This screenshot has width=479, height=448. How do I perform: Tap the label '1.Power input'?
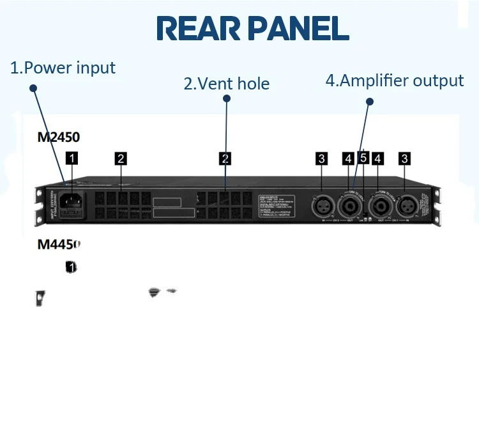click(x=63, y=68)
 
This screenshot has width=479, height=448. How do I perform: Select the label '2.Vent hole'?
click(x=227, y=84)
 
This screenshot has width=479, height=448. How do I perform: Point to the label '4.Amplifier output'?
click(x=395, y=81)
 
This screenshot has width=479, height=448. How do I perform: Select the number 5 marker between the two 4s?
click(x=363, y=158)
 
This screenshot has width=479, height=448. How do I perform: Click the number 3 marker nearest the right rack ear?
click(x=405, y=158)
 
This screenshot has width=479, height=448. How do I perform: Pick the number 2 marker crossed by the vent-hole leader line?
click(x=225, y=158)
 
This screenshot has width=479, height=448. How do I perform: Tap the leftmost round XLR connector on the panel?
click(x=321, y=206)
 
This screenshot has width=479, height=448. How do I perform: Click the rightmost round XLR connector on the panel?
click(x=406, y=206)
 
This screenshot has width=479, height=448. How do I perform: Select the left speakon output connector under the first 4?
click(x=349, y=206)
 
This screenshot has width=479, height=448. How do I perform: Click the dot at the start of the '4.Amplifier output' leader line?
click(x=369, y=101)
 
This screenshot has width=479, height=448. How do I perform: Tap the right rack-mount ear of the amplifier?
click(x=437, y=206)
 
